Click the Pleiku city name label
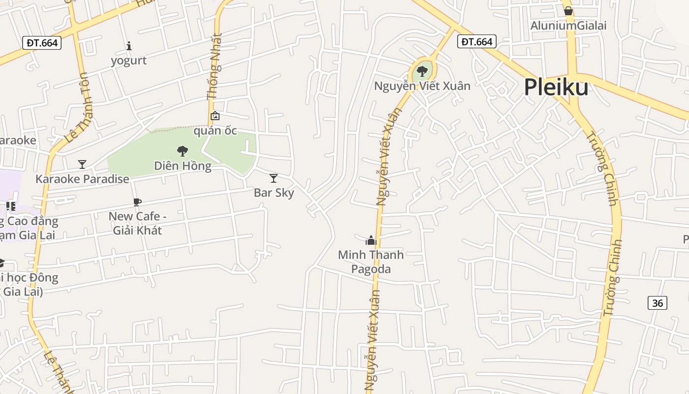click(x=556, y=88)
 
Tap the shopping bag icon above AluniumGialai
click(x=568, y=11)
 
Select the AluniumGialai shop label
click(x=568, y=26)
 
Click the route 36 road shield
click(x=658, y=303)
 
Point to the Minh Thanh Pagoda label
click(x=371, y=262)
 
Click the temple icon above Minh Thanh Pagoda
click(x=371, y=240)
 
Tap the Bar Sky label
click(x=274, y=193)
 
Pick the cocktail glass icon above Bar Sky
click(x=274, y=178)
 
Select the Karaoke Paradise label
click(x=82, y=179)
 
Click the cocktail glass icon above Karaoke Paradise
click(x=82, y=164)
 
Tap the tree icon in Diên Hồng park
click(x=183, y=151)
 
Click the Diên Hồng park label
click(x=183, y=165)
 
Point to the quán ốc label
click(x=215, y=131)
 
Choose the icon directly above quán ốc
click(x=215, y=116)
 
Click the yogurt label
click(x=129, y=61)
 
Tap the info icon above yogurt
click(x=129, y=46)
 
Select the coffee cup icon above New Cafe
click(x=137, y=202)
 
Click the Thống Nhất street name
click(x=215, y=66)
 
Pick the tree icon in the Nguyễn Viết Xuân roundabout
click(x=422, y=71)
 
